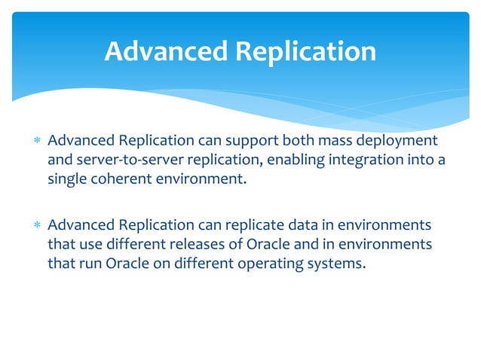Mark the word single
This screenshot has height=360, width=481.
coord(67,179)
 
